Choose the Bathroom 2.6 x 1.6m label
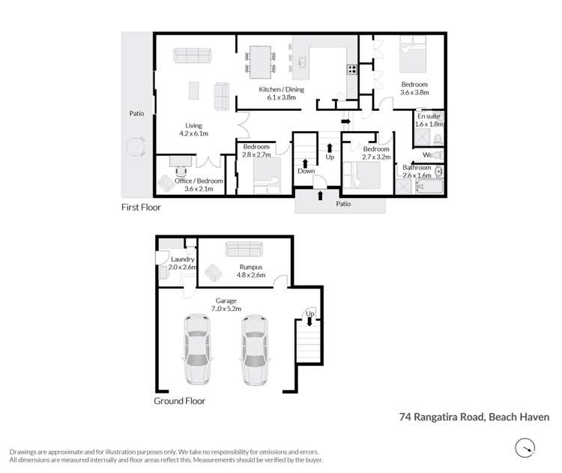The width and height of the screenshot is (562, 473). pyautogui.click(x=417, y=171)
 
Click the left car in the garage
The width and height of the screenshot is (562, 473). pyautogui.click(x=197, y=350)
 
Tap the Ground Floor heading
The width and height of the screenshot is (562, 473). pyautogui.click(x=179, y=400)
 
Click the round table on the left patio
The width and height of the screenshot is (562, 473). pyautogui.click(x=136, y=147)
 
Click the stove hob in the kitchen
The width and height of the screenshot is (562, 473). pyautogui.click(x=351, y=70)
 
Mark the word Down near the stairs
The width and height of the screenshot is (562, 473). pyautogui.click(x=306, y=170)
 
